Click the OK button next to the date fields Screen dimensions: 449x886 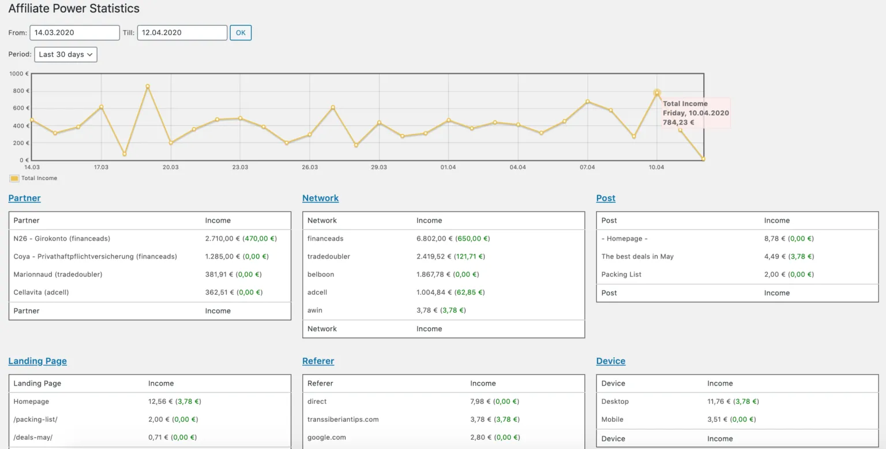point(241,33)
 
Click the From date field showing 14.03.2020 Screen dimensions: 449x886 point(74,33)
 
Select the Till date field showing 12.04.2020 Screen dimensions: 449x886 point(182,33)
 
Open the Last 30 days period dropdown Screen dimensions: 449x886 point(66,54)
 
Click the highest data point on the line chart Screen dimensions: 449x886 point(148,87)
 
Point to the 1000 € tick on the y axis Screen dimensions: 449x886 point(19,74)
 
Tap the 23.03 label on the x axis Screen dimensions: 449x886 point(240,167)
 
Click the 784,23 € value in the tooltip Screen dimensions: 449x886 point(678,122)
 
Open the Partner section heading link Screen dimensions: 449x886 point(24,198)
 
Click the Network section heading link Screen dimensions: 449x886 point(320,198)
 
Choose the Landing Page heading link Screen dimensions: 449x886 point(37,361)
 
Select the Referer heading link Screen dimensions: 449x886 point(318,361)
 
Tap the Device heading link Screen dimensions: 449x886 point(610,361)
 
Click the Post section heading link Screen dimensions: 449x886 point(606,198)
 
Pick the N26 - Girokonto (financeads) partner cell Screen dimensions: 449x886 point(62,238)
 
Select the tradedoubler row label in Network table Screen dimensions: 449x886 point(328,256)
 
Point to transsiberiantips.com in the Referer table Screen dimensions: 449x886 point(343,420)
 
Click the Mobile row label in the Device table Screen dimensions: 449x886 point(612,420)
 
